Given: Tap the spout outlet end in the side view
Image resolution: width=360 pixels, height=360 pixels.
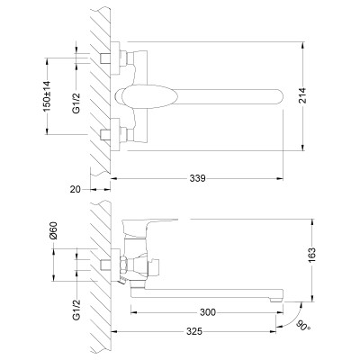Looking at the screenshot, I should click(279, 293).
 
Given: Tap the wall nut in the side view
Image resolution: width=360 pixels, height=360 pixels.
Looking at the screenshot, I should click(113, 266).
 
